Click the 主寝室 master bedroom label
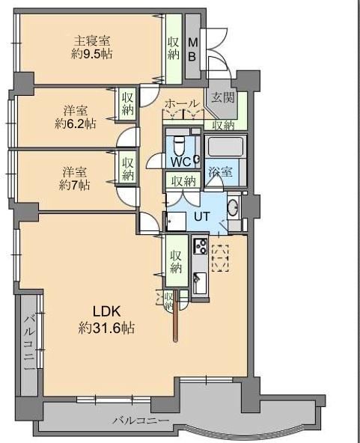point(92,41)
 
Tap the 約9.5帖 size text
point(91,54)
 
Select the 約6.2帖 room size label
point(75,123)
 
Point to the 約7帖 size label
point(75,185)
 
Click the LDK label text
point(107,311)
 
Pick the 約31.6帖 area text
point(106,328)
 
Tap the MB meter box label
point(192,49)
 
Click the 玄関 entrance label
point(223,97)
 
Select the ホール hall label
point(182,103)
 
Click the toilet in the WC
point(179,144)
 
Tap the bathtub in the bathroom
point(225,147)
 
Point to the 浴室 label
point(221,171)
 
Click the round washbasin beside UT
point(234,208)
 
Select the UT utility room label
point(202,216)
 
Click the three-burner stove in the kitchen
point(200,246)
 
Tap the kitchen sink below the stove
point(201,284)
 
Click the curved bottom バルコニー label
point(141,421)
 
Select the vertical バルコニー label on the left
point(29,343)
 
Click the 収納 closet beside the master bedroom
point(174,49)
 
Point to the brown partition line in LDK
point(176,314)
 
